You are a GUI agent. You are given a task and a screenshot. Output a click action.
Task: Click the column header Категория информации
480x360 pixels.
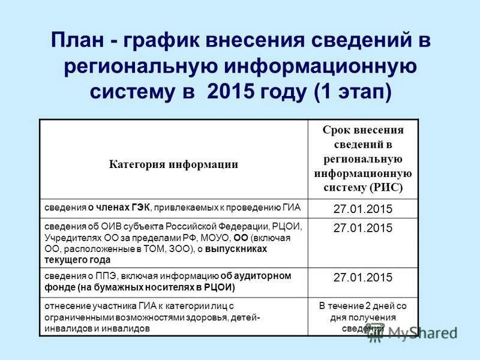click(x=173, y=164)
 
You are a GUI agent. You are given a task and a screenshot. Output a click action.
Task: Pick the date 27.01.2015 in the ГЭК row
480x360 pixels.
click(x=362, y=209)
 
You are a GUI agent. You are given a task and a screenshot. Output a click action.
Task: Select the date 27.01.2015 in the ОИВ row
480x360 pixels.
click(x=362, y=228)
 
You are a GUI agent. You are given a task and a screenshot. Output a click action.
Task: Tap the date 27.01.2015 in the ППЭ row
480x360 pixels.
click(x=362, y=277)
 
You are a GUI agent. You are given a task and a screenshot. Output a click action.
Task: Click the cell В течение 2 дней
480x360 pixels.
click(x=362, y=305)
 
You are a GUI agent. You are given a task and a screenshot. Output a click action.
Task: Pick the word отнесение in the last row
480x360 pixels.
click(x=65, y=305)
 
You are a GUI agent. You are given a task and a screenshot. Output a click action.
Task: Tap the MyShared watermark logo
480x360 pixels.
click(x=420, y=332)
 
